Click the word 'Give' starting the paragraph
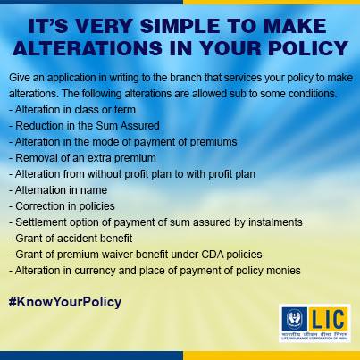pos(18,79)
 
